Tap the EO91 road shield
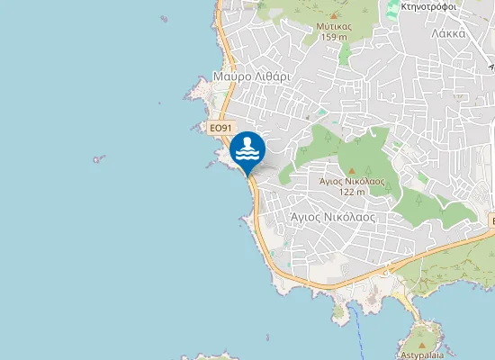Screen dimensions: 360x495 click(220, 129)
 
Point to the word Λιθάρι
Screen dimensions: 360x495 click(272, 76)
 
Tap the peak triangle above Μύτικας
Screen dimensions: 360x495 click(334, 15)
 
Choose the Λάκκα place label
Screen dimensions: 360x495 click(447, 33)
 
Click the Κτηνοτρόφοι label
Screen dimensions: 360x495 click(431, 5)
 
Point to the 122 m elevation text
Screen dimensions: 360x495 click(352, 192)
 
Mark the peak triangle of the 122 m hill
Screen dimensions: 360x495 click(352, 169)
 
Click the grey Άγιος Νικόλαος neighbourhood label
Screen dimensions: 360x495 click(332, 217)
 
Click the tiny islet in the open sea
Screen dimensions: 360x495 click(98, 159)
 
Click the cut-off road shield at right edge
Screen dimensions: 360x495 click(491, 220)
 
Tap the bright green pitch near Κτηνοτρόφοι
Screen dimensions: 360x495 click(392, 13)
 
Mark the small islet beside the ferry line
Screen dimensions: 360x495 click(339, 311)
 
